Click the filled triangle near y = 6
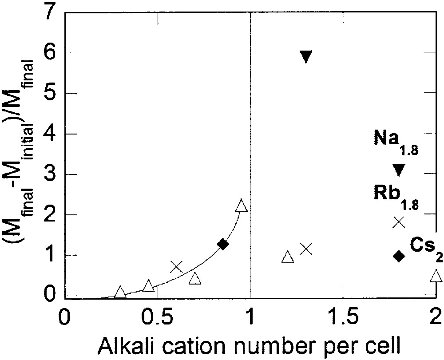point(306,56)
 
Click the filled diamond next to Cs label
point(399,256)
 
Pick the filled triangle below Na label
point(399,169)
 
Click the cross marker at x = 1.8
point(399,222)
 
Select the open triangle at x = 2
point(436,276)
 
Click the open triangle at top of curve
point(241,206)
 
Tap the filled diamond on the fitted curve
point(223,244)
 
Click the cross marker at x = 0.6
point(176,267)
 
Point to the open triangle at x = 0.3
point(120,292)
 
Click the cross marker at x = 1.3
point(306,249)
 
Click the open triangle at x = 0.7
point(195,278)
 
